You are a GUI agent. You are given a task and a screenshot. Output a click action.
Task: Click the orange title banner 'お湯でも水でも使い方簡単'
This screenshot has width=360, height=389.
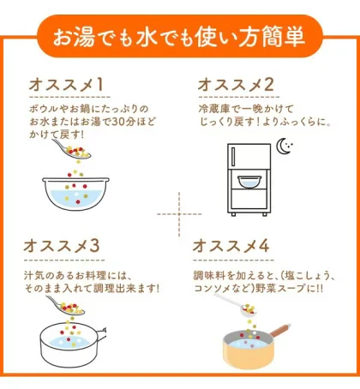point(180,37)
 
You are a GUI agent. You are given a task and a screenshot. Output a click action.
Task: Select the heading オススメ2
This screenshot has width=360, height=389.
point(236,85)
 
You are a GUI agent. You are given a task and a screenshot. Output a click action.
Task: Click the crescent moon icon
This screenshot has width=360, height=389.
point(284,147)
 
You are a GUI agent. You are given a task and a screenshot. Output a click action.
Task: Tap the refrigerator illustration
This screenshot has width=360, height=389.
point(248,180)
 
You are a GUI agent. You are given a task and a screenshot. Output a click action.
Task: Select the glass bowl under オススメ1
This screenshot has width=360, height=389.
point(75,193)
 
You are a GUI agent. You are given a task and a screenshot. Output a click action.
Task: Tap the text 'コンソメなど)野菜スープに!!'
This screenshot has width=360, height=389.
point(261,288)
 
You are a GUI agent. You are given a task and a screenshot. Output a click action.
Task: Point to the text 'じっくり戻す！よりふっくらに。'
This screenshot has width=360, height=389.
point(257,123)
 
